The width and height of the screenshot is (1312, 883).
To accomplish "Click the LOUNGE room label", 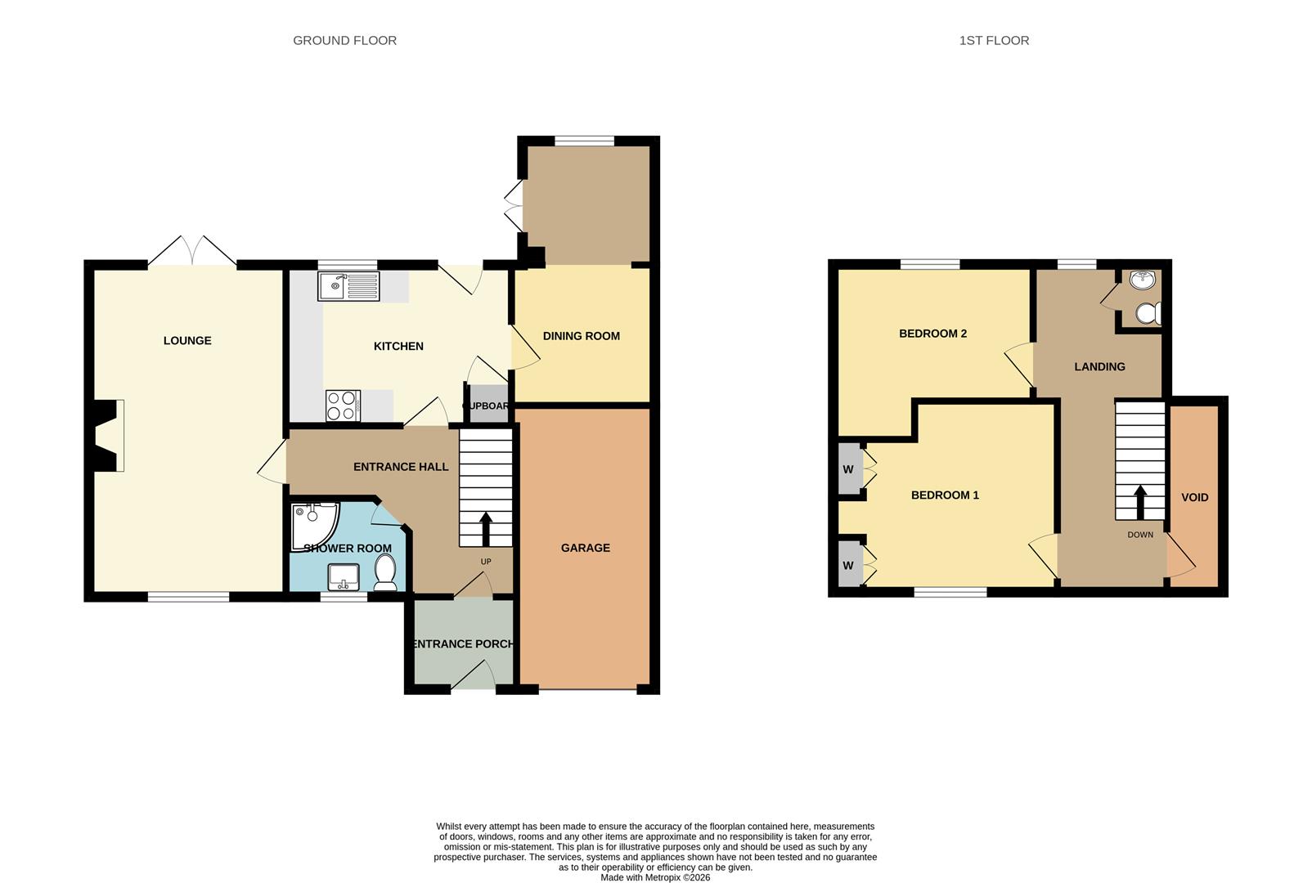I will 187,341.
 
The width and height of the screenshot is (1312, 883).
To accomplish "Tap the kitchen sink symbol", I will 349,286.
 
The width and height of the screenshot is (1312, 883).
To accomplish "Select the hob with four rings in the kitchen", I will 343,406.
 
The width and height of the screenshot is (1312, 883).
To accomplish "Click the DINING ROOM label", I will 581,336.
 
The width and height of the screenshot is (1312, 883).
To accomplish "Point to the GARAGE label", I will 585,548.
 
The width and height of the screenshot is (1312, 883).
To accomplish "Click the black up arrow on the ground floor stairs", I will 485,529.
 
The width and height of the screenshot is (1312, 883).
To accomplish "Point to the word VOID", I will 1194,497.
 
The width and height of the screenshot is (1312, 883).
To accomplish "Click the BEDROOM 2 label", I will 932,334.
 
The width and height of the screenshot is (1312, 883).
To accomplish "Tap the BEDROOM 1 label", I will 945,495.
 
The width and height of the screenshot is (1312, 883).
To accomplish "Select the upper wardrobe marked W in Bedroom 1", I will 848,469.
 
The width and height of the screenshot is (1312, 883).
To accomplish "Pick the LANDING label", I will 1099,366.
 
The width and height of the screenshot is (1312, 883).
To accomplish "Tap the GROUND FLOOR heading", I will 344,40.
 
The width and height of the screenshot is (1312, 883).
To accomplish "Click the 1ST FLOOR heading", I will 994,40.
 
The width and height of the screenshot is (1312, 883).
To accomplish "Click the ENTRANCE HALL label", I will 401,467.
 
